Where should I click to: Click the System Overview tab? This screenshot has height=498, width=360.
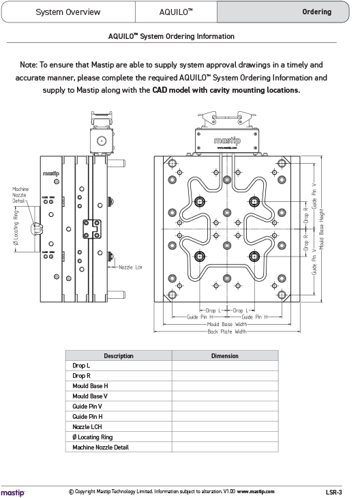(67, 12)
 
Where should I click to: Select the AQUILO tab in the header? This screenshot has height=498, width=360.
(176, 12)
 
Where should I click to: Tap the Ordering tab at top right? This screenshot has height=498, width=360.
(316, 12)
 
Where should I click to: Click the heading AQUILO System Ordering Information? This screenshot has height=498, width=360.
(171, 36)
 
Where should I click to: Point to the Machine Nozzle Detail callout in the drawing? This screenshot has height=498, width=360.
(20, 194)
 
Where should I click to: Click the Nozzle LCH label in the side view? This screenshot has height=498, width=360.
(130, 267)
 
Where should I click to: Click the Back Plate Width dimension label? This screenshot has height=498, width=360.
(226, 332)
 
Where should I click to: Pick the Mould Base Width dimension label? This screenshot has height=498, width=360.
(226, 324)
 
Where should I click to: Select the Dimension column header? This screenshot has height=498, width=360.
(224, 355)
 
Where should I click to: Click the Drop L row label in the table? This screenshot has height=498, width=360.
(81, 366)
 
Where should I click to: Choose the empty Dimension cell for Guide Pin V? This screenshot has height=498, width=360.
(224, 407)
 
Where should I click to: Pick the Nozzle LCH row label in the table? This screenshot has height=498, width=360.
(87, 426)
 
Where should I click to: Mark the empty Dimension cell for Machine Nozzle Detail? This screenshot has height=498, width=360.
(224, 447)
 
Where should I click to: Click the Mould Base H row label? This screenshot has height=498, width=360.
(90, 386)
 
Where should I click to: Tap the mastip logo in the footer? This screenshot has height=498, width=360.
(13, 491)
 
